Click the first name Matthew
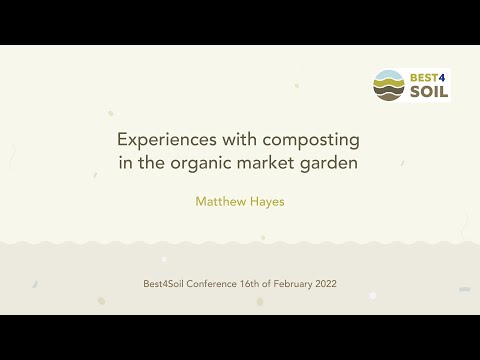coord(221,200)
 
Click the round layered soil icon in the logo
coord(387,85)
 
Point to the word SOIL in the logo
coord(425,92)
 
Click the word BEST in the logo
coord(420,76)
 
